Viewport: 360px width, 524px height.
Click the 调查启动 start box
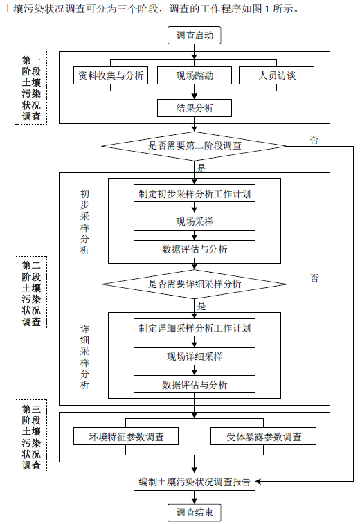195,35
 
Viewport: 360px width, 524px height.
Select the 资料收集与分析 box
111,75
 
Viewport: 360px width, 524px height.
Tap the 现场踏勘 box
195,75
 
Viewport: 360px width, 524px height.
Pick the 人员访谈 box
277,75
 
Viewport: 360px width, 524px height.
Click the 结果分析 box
195,108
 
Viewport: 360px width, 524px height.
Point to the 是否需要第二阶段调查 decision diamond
195,145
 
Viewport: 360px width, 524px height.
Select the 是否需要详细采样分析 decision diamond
195,284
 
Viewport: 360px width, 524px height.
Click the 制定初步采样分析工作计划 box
195,194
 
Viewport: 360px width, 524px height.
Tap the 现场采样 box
195,222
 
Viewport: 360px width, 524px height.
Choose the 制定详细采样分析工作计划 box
195,328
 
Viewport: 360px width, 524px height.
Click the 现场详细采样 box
195,356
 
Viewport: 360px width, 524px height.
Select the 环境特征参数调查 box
126,436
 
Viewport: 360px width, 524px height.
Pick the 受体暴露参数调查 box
263,436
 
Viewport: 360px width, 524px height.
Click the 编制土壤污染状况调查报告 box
195,482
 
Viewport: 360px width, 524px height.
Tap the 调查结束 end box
195,512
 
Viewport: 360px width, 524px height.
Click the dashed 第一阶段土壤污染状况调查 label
31,88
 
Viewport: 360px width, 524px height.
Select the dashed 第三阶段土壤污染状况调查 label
31,436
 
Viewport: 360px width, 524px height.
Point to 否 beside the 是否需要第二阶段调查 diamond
314,140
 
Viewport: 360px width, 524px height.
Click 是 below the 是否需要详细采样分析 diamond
201,305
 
